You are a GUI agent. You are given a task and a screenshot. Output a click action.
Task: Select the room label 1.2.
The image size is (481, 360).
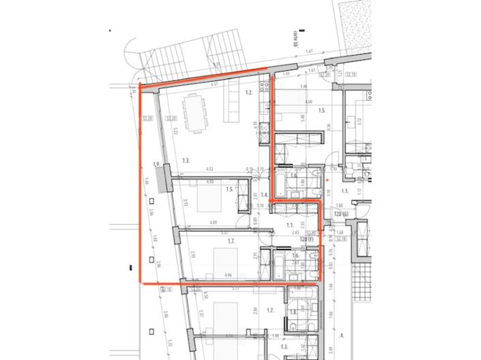point(249,92)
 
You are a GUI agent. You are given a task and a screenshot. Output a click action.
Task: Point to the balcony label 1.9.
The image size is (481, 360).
point(156,164)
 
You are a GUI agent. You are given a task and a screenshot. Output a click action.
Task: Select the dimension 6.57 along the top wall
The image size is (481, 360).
point(214,84)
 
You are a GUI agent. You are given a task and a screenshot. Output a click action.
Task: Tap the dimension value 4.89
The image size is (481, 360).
point(213,222)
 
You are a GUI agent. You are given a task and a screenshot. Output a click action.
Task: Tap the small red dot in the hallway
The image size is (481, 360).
point(327,180)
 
